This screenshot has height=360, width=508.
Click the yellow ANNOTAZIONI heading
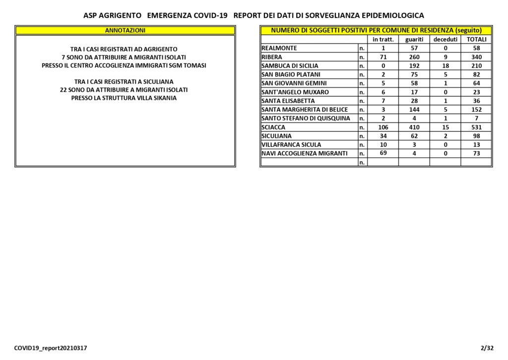[125, 30]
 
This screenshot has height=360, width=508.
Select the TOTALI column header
[476, 39]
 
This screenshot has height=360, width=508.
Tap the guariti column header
[414, 39]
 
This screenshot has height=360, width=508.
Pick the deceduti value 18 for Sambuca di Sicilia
[445, 66]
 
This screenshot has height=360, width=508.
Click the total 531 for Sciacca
[476, 127]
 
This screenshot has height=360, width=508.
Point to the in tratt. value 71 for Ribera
[383, 57]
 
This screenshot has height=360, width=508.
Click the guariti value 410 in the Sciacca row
[414, 127]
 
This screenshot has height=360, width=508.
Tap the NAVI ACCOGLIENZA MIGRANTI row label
[303, 153]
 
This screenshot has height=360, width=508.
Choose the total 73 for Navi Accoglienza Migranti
[476, 153]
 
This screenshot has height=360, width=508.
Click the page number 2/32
[487, 348]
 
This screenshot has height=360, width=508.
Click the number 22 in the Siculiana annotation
[63, 90]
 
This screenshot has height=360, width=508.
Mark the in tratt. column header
[383, 39]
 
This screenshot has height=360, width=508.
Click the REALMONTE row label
[279, 48]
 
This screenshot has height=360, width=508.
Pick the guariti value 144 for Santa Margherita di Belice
[414, 110]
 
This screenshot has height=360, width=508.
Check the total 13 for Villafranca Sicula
[476, 144]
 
